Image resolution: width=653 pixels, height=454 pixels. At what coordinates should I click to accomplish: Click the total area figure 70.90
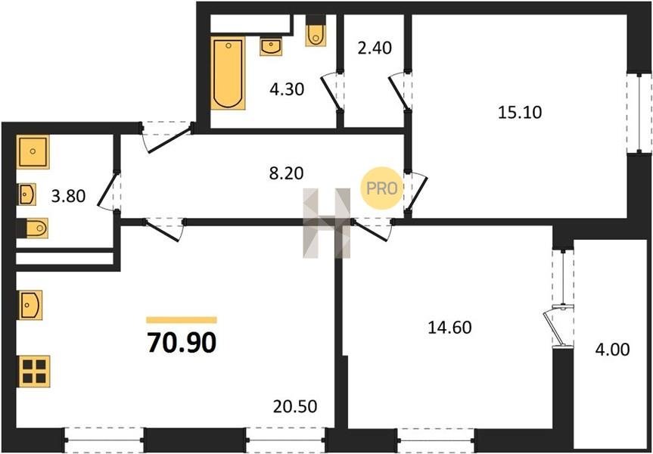click(x=182, y=343)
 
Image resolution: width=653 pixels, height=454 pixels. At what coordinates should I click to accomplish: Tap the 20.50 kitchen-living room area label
click(x=295, y=406)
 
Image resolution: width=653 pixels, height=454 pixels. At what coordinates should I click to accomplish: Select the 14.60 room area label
click(x=449, y=328)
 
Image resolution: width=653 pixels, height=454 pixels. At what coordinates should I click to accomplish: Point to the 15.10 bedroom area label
click(x=520, y=113)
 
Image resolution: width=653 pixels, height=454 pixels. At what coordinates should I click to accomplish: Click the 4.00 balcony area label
click(x=612, y=350)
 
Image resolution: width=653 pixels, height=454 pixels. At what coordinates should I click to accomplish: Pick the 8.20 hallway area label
click(x=287, y=173)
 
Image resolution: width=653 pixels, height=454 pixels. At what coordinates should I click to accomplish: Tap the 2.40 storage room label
click(x=375, y=48)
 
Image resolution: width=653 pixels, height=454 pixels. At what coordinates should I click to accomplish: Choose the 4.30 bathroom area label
click(x=287, y=89)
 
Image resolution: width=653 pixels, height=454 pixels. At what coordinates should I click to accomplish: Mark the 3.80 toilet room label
click(x=68, y=196)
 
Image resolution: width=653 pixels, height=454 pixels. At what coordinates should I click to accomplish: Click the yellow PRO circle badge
click(x=381, y=188)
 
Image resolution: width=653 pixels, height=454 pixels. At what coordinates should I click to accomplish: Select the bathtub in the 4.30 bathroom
click(x=228, y=73)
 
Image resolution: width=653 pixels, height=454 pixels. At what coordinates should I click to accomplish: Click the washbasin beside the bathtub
click(x=272, y=46)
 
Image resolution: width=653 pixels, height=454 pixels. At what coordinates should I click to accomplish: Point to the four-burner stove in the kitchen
click(x=34, y=372)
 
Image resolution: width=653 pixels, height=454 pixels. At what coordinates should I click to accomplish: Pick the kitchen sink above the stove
click(x=30, y=305)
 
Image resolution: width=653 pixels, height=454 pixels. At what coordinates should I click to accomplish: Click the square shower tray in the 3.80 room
click(x=33, y=151)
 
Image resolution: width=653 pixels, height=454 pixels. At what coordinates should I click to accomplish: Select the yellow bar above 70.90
click(x=182, y=320)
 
